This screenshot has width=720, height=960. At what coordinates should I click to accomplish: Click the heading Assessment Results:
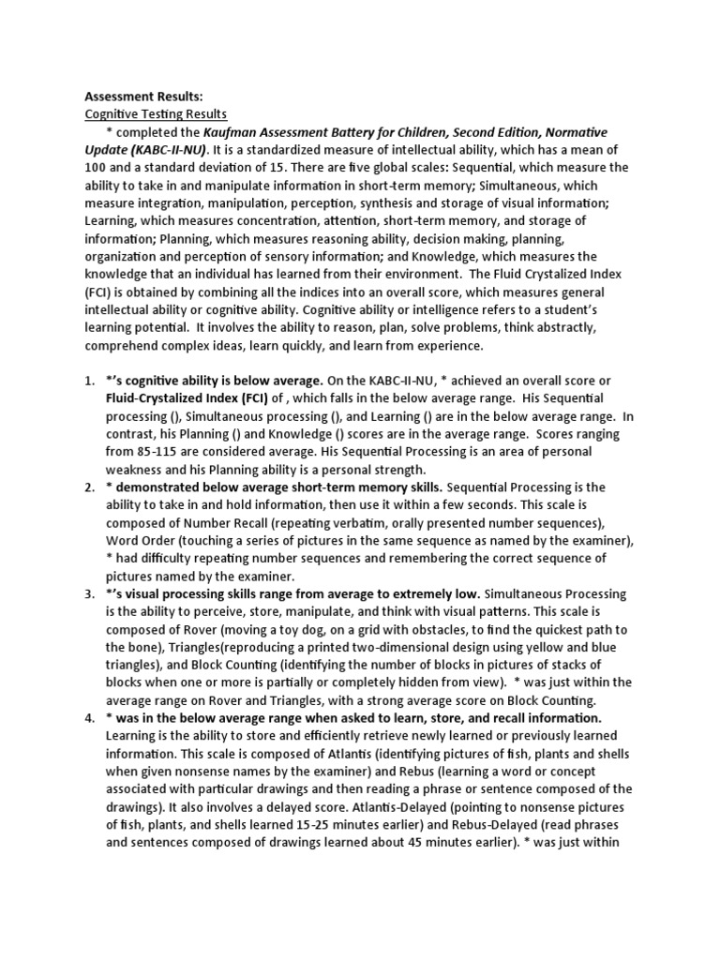point(143,97)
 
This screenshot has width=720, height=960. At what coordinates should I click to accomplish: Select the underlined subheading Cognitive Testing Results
point(156,114)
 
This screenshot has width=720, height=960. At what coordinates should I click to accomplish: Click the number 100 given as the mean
point(97,168)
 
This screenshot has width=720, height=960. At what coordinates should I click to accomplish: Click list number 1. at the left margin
point(91,381)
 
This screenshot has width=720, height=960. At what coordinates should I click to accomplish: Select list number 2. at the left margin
point(91,487)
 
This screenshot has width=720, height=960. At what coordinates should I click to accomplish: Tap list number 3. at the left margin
point(91,594)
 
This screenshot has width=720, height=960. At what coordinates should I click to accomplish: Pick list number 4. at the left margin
point(91,718)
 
